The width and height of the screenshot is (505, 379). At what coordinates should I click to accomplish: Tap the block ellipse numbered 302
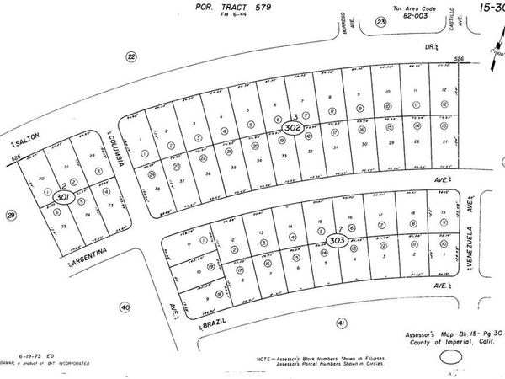293,128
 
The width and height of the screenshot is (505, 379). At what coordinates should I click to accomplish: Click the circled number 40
124,307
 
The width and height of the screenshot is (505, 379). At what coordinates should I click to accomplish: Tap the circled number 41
341,323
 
